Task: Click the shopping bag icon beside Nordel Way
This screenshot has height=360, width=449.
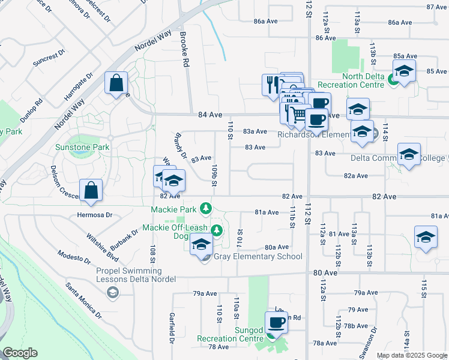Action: [x=116, y=83]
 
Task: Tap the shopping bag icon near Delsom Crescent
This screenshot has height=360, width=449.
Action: [x=90, y=190]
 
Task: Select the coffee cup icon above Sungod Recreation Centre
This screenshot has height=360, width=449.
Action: [x=276, y=322]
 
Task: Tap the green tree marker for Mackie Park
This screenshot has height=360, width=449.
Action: [x=206, y=208]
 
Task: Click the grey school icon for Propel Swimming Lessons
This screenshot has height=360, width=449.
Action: [x=112, y=292]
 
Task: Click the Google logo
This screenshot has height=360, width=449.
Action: [x=19, y=353]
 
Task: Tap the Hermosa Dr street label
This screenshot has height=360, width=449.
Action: [x=95, y=215]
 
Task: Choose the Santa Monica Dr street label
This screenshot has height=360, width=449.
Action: [x=84, y=299]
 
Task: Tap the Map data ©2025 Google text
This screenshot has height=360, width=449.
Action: [x=411, y=355]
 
